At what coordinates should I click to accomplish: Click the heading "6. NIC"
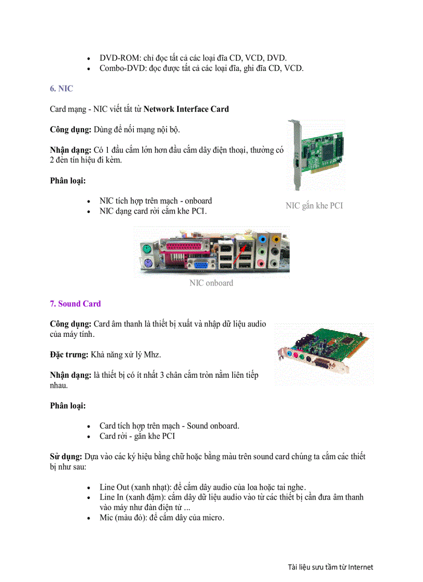(61, 89)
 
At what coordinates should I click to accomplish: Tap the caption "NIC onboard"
(211, 283)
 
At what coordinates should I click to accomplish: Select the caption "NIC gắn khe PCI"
(314, 206)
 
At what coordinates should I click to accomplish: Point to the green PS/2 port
(148, 250)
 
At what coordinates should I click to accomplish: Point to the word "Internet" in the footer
(360, 567)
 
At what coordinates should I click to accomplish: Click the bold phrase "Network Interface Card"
(186, 109)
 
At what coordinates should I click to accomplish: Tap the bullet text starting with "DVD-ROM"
(193, 58)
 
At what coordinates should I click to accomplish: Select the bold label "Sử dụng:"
(65, 457)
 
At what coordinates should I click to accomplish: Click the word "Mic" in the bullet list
(107, 518)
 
